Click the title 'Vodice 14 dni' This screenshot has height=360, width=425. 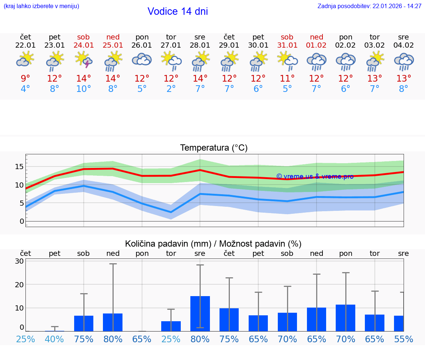pyautogui.click(x=177, y=11)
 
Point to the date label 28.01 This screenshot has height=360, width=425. pyautogui.click(x=200, y=45)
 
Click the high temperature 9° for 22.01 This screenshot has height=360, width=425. pyautogui.click(x=25, y=79)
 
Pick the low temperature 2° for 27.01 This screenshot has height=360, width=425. pyautogui.click(x=171, y=89)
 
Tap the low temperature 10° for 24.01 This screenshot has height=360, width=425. pyautogui.click(x=84, y=89)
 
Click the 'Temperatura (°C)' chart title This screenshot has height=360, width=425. pyautogui.click(x=214, y=148)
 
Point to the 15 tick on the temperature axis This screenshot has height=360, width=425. pyautogui.click(x=19, y=167)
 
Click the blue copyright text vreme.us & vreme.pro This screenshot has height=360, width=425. pyautogui.click(x=315, y=176)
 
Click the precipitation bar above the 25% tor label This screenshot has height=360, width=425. pyautogui.click(x=171, y=326)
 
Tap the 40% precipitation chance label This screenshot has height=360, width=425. pyautogui.click(x=55, y=339)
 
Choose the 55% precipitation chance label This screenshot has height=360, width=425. pyautogui.click(x=404, y=339)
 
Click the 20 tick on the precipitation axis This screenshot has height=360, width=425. pyautogui.click(x=19, y=284)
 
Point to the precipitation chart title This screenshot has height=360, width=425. pyautogui.click(x=213, y=244)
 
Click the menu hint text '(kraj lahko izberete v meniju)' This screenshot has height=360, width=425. pyautogui.click(x=41, y=6)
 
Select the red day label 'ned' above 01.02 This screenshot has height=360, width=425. pyautogui.click(x=317, y=37)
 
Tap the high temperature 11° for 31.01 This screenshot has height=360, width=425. pyautogui.click(x=287, y=79)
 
